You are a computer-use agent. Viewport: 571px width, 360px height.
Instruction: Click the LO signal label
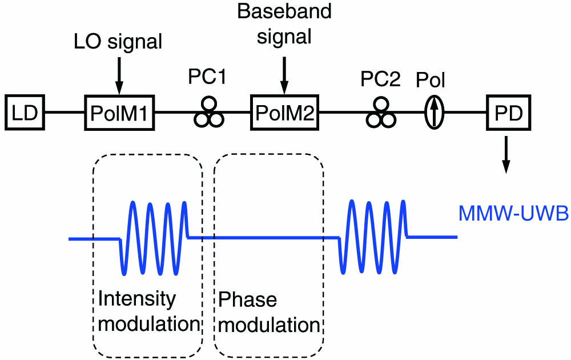(119, 41)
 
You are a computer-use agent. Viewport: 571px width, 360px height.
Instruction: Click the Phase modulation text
(268, 312)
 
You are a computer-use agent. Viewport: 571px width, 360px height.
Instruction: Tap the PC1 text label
(208, 78)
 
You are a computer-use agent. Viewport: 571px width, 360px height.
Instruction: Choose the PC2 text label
(381, 78)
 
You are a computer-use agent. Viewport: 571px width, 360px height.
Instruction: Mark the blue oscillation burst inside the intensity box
(153, 237)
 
